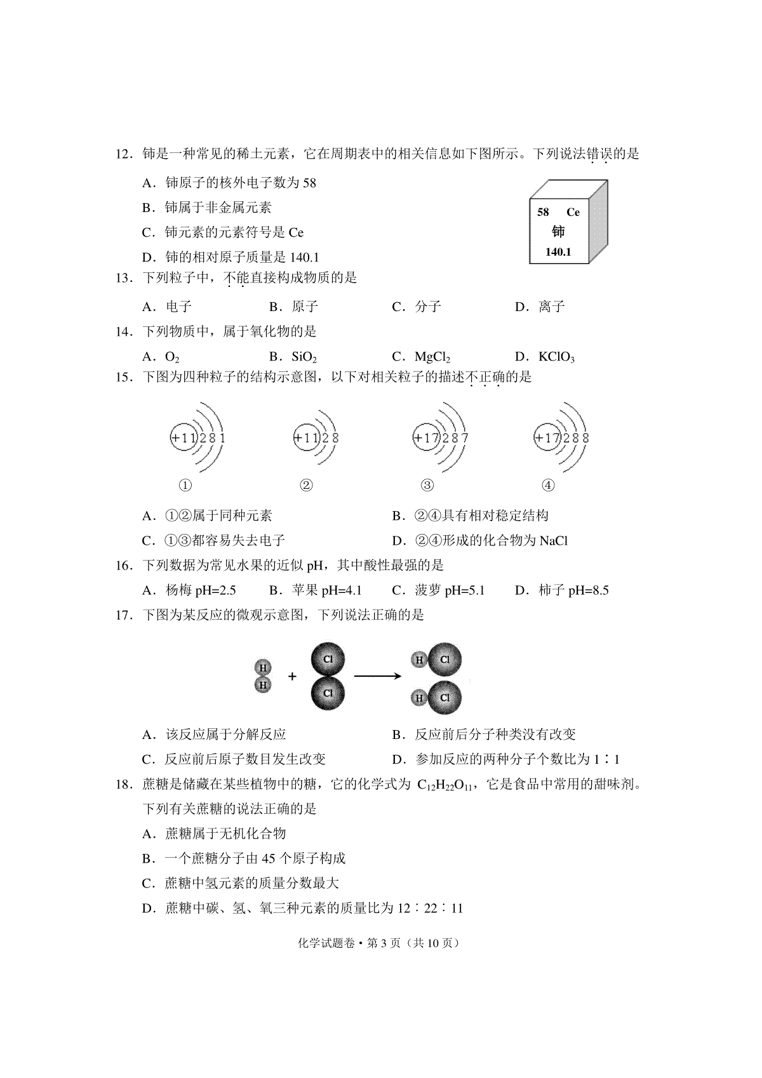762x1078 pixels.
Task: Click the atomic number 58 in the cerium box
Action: coord(543,213)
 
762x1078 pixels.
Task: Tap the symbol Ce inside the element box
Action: coord(573,213)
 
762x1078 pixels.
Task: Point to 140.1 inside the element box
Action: coord(558,252)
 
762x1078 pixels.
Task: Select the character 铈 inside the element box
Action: coord(558,232)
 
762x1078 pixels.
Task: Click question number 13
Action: coord(123,277)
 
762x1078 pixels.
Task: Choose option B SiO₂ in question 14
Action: coord(304,357)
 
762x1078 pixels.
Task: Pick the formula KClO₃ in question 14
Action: coord(556,357)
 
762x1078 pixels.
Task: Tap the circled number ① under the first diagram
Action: coord(185,486)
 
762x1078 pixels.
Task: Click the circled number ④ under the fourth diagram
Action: coord(548,486)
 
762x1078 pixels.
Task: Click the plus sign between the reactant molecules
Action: coord(292,677)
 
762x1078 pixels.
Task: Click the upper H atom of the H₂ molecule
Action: coord(262,667)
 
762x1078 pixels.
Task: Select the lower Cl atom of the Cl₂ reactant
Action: coord(328,693)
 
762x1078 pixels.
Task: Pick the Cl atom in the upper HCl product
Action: coord(444,660)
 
